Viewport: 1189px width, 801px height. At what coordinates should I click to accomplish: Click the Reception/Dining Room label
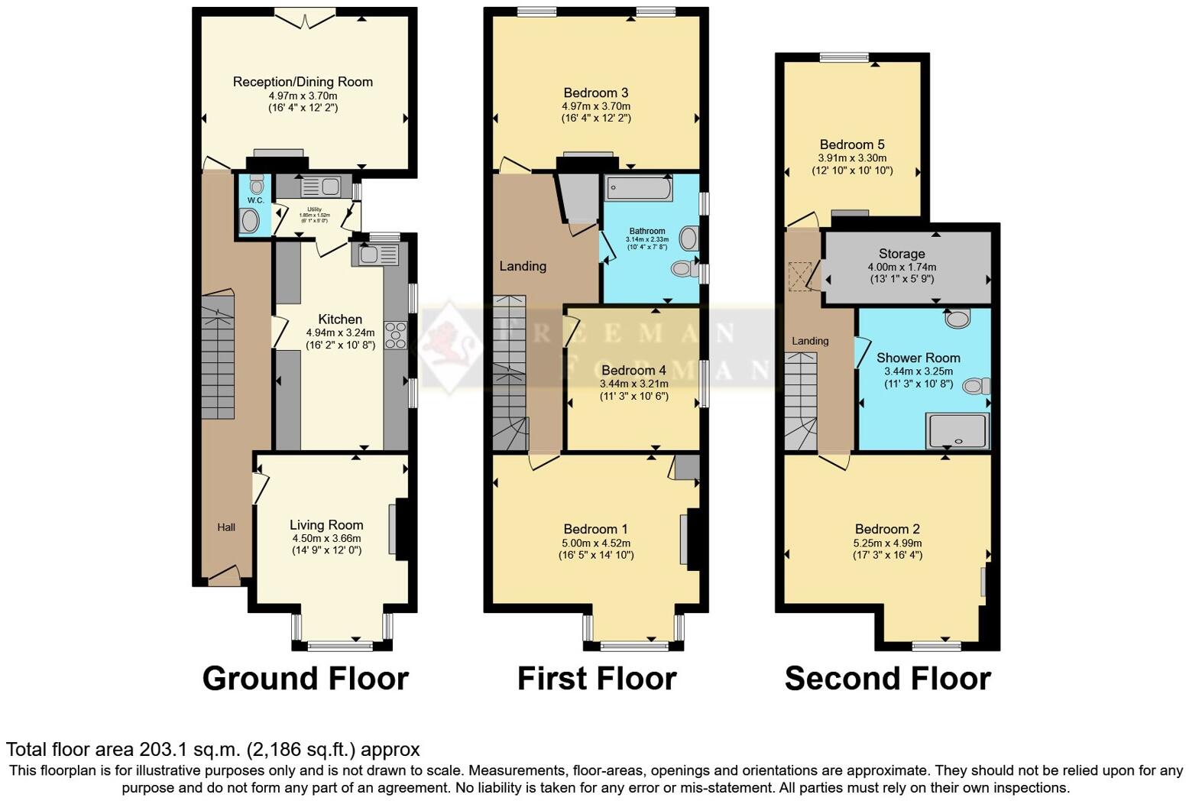pyautogui.click(x=303, y=82)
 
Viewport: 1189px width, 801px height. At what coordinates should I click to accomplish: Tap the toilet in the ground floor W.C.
pyautogui.click(x=256, y=184)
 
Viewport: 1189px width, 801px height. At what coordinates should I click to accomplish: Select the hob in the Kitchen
pyautogui.click(x=397, y=336)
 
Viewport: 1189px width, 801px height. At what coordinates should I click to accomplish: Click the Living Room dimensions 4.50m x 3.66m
pyautogui.click(x=326, y=538)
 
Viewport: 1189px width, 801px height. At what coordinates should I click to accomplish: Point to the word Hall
pyautogui.click(x=226, y=527)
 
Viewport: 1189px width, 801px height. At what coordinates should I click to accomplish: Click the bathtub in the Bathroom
pyautogui.click(x=638, y=188)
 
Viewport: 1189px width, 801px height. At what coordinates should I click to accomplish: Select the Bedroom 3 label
pyautogui.click(x=595, y=93)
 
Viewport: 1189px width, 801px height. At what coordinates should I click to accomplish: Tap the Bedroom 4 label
pyautogui.click(x=633, y=370)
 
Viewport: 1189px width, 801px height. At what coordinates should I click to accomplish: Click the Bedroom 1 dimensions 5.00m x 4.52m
pyautogui.click(x=595, y=543)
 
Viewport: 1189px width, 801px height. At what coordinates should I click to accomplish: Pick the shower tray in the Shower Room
pyautogui.click(x=957, y=431)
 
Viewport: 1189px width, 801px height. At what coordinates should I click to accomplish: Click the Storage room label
pyautogui.click(x=902, y=254)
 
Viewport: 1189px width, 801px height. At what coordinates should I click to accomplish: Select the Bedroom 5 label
pyautogui.click(x=852, y=144)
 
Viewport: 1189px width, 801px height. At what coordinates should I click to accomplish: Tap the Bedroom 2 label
pyautogui.click(x=887, y=529)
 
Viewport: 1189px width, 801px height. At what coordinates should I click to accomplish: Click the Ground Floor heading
pyautogui.click(x=305, y=679)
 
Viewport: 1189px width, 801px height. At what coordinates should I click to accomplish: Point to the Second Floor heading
pyautogui.click(x=887, y=679)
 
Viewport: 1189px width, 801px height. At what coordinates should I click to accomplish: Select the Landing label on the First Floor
pyautogui.click(x=523, y=266)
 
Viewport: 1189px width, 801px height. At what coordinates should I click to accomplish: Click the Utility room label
pyautogui.click(x=314, y=209)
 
